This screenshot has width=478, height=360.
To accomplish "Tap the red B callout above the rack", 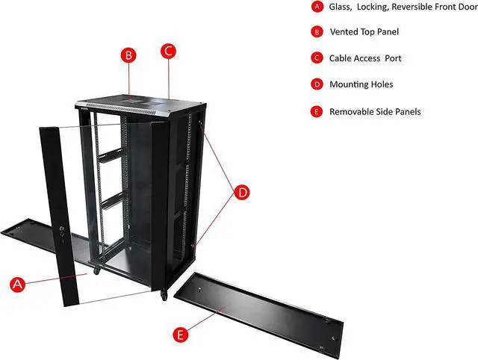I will pos(128,55).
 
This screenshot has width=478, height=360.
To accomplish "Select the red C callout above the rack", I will pos(169,52).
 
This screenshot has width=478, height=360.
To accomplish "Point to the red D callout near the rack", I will pos(243,192).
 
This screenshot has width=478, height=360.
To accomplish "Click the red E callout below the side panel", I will pos(179,334).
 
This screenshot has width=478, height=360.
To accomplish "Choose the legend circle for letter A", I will pos(316,7).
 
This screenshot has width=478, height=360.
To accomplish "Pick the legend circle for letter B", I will pos(316,32).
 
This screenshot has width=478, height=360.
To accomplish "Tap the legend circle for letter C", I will pos(316,58).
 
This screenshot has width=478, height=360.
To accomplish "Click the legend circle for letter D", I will pos(316,84).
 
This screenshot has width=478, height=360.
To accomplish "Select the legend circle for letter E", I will pos(316,111).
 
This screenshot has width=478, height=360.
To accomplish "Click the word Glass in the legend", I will pos(341,7).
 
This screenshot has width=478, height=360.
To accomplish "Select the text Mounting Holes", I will pos(361,84).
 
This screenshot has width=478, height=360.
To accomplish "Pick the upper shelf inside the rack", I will pos(109,155).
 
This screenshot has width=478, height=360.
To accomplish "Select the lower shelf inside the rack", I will pos(110,199).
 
